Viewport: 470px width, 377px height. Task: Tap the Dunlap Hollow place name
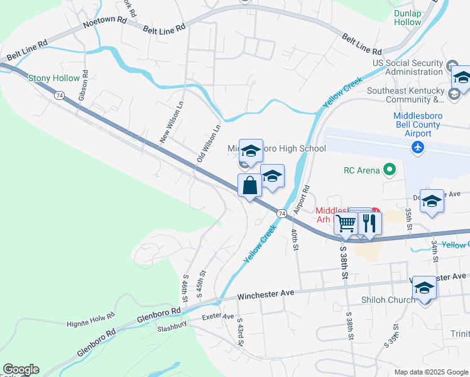tap(407, 17)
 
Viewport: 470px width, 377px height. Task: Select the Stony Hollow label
tap(54, 79)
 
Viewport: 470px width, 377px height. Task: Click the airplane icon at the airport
tap(416, 147)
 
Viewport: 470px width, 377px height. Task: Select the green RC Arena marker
tap(390, 169)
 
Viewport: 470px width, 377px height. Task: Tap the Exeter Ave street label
tap(218, 317)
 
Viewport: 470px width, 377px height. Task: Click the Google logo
tap(21, 369)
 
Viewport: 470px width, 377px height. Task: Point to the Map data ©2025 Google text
tap(430, 372)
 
